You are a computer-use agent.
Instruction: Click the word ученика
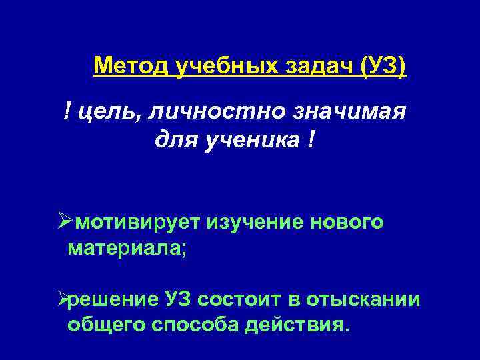[245, 142]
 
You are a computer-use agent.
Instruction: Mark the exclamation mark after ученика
[312, 142]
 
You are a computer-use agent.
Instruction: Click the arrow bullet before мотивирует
[64, 221]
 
